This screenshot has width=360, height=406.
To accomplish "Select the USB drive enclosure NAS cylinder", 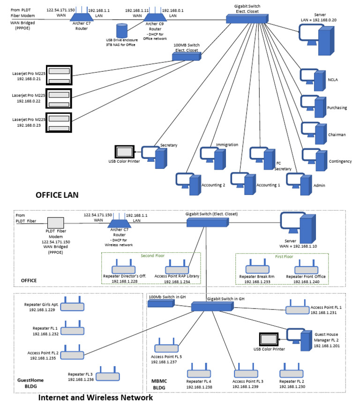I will pyautogui.click(x=123, y=30).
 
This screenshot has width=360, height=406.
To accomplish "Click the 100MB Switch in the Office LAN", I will pyautogui.click(x=186, y=56).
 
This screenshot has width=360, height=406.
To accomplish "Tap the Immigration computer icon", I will pyautogui.click(x=213, y=157).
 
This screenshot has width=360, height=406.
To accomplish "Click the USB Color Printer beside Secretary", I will pyautogui.click(x=124, y=152).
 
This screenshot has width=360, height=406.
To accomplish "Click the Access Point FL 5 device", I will pyautogui.click(x=167, y=347).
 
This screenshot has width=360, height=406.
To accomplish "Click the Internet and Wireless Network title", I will pyautogui.click(x=95, y=398).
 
